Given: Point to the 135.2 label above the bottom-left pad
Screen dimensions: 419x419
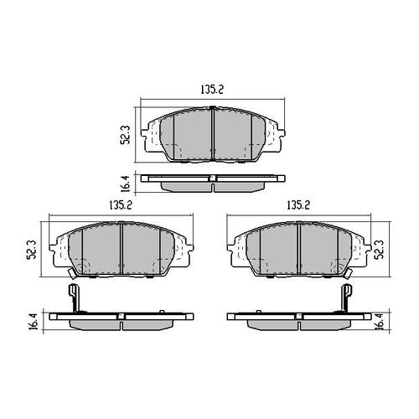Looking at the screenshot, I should click(123, 204).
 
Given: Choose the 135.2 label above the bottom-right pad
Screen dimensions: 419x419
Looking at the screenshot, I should click(300, 204).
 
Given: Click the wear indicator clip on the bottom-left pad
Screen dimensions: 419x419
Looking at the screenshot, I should click(72, 297).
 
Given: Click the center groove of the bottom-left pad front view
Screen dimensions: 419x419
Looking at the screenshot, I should click(122, 249).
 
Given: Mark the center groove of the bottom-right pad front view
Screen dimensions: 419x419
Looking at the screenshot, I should click(300, 249).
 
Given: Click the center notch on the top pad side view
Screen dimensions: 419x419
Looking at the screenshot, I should click(215, 178).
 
